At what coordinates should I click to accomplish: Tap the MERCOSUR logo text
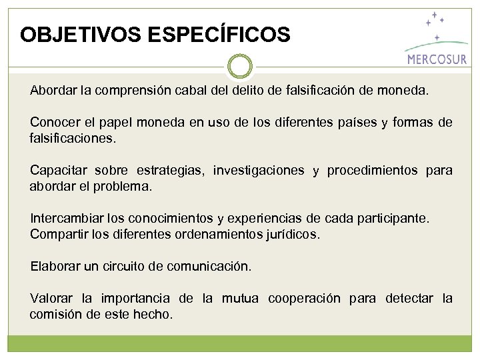437,59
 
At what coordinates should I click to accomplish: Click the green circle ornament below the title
240,66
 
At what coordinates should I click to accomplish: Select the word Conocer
53,123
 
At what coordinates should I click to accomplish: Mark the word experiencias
272,219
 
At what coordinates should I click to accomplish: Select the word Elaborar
55,267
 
